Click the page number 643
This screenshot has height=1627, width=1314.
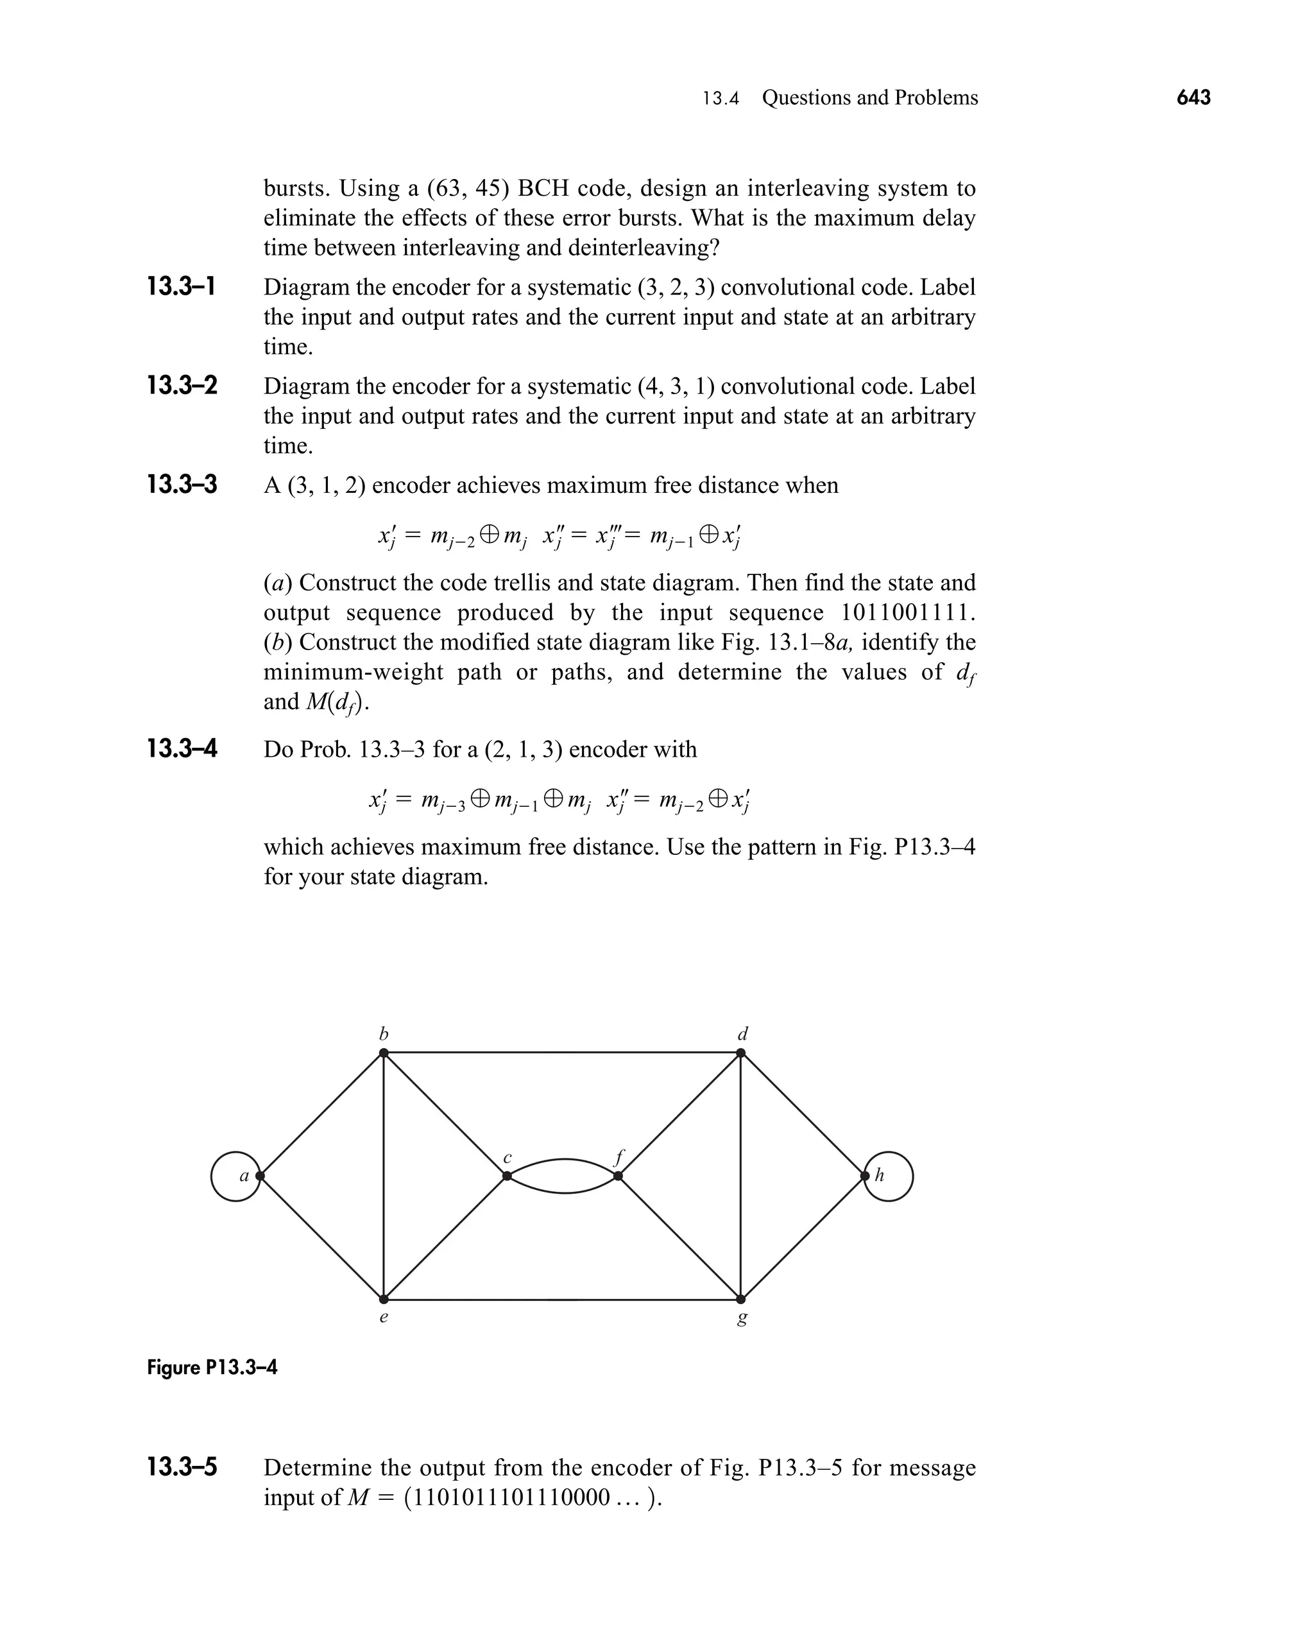coord(1193,98)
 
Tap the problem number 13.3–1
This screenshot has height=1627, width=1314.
coord(182,287)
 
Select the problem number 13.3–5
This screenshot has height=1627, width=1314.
coord(182,1467)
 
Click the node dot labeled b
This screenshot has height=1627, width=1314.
coord(384,1053)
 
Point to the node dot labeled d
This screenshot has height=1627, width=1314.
coord(740,1053)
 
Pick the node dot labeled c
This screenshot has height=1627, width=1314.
coord(506,1176)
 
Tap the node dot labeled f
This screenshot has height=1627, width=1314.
coord(618,1176)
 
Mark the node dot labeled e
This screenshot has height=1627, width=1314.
coord(384,1299)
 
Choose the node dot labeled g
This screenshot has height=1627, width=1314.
coord(740,1299)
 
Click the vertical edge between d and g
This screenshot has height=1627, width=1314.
coord(740,1176)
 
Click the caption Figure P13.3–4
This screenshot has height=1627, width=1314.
coord(212,1367)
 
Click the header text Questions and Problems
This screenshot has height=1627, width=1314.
coord(870,98)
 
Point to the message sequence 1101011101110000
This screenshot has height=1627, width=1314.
coord(507,1497)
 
